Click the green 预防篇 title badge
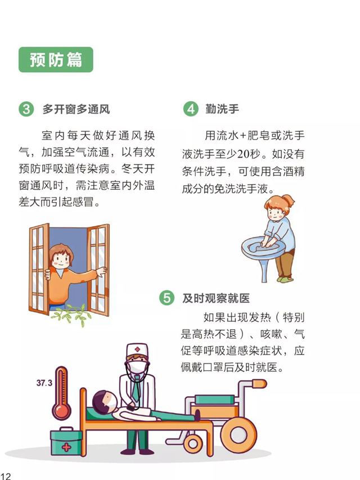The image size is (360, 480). [56, 60]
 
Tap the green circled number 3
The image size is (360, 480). [26, 109]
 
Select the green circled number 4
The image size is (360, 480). [191, 109]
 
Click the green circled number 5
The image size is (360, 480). [166, 298]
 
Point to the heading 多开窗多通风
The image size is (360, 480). [76, 109]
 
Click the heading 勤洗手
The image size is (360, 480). [222, 109]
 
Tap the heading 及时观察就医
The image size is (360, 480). [216, 298]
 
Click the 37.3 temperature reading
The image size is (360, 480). [44, 383]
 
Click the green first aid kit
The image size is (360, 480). [66, 441]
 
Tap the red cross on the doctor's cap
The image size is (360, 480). [137, 349]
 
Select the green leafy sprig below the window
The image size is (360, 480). [71, 315]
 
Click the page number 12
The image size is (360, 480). [5, 475]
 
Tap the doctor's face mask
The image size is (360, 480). [137, 366]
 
